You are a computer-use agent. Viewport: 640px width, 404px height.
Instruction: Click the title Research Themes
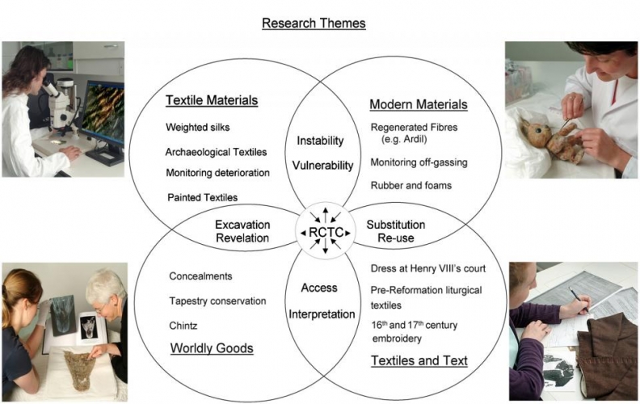coord(314,23)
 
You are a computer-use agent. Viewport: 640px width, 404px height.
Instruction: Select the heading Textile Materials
coord(212,101)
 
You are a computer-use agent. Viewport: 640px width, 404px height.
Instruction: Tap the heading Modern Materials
coord(418,105)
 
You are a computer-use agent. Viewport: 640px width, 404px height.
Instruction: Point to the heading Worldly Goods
coord(211,348)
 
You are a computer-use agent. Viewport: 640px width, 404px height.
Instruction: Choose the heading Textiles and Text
coord(419,360)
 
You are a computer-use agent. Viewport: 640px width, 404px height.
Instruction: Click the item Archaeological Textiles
coord(216,151)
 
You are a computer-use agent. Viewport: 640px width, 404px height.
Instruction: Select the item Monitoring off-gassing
coord(419,162)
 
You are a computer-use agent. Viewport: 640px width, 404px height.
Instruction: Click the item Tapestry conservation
coord(217,301)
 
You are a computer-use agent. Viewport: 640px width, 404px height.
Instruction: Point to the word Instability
coord(320,141)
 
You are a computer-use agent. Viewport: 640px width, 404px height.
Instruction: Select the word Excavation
coord(242,224)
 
